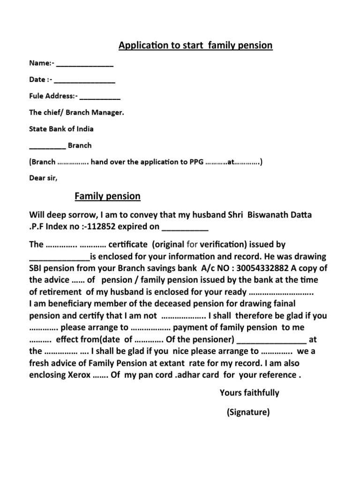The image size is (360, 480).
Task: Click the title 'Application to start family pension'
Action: click(195, 45)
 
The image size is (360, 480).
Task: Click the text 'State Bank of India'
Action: click(61, 129)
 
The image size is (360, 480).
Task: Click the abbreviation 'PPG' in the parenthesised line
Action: click(195, 162)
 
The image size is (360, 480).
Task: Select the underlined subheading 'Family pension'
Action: click(107, 196)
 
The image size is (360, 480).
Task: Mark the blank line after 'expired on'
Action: click(185, 228)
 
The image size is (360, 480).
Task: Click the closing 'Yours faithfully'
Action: click(249, 393)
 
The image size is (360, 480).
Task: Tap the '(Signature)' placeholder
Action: click(248, 412)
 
